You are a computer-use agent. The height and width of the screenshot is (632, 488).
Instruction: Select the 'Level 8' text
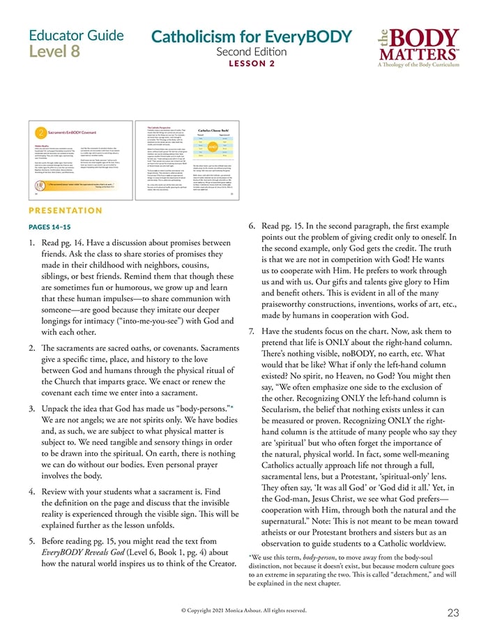[x=54, y=52]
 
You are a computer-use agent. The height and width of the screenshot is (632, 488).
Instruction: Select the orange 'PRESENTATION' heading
[x=66, y=211]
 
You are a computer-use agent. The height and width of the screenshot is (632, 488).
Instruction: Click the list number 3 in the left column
[x=33, y=407]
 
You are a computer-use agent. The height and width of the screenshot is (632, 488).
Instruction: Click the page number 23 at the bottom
[x=452, y=612]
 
